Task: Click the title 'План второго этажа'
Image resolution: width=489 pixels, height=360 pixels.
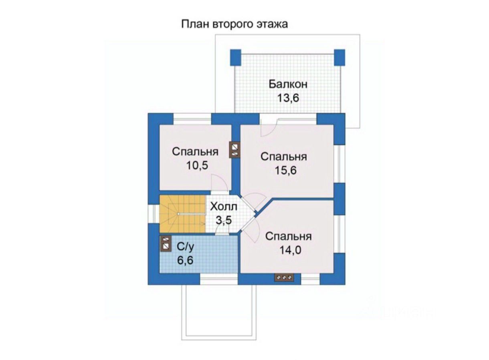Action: (235, 24)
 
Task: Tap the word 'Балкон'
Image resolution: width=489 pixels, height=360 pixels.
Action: (288, 84)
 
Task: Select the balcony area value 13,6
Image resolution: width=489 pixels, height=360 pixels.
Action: (288, 98)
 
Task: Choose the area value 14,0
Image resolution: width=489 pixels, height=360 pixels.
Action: (289, 250)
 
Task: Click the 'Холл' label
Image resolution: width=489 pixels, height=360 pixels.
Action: (223, 207)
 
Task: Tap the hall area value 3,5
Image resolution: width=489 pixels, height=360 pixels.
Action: (223, 220)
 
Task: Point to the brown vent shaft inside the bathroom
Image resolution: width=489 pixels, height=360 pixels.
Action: (165, 244)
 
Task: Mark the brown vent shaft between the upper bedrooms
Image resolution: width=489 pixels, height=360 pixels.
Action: (235, 150)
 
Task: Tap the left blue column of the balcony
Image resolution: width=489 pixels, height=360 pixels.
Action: (235, 57)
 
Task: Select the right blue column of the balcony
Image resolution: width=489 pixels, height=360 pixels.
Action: (339, 57)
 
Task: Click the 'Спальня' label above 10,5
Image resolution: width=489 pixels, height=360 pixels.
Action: (195, 152)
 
